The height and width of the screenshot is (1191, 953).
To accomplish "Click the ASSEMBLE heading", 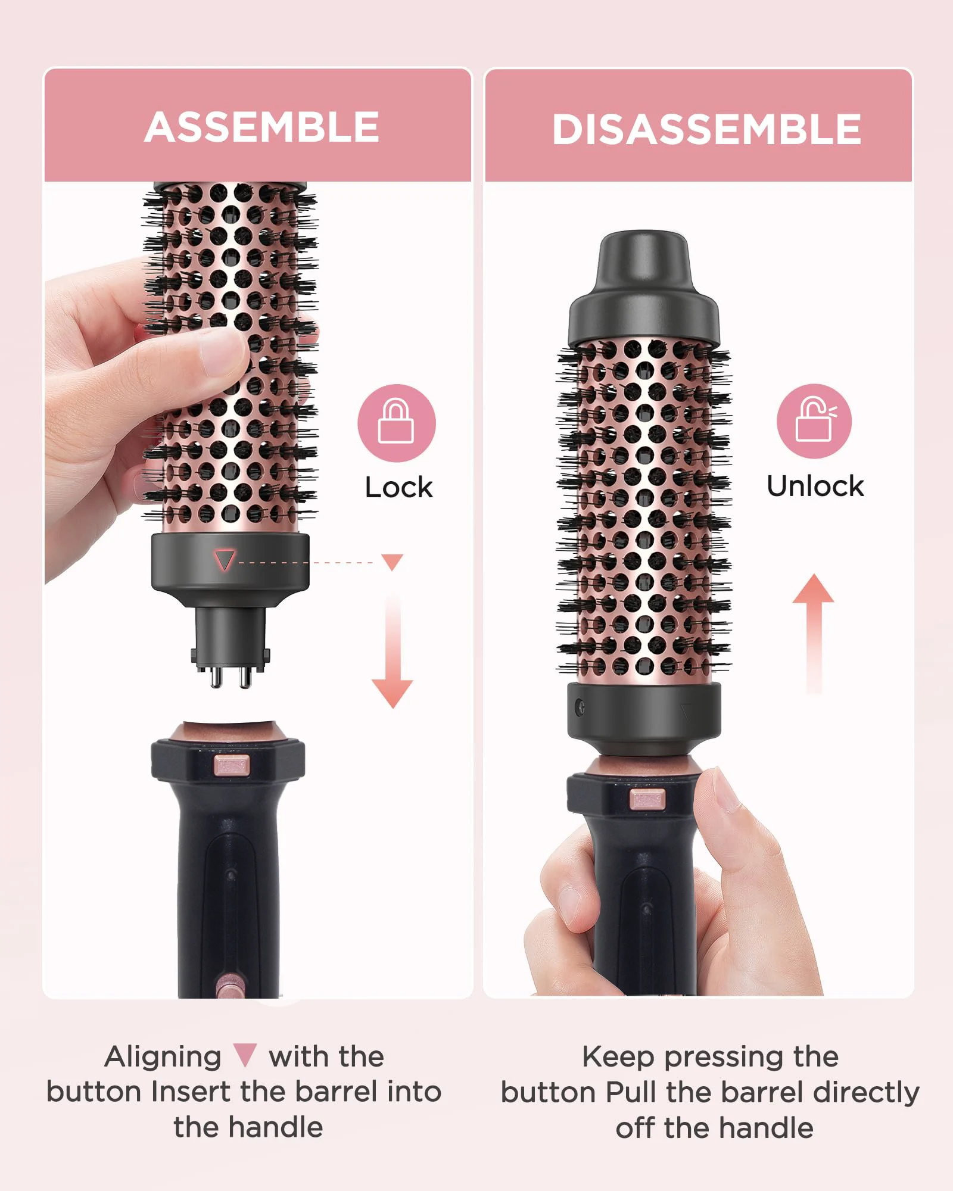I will click(261, 127).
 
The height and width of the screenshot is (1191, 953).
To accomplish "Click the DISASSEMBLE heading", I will click(706, 129).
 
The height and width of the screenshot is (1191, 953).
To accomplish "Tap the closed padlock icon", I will click(396, 423).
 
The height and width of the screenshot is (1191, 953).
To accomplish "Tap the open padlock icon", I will click(814, 421).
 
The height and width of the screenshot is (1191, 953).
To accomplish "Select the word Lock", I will click(398, 488).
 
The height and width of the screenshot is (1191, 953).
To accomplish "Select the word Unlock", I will click(815, 487).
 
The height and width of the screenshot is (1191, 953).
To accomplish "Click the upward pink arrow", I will click(813, 631).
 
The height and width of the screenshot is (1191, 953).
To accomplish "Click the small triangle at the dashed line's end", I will click(393, 562).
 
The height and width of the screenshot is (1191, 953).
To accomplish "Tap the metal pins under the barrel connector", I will click(230, 676).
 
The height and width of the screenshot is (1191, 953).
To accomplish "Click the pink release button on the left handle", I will click(231, 765).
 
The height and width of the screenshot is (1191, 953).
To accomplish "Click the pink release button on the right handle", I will click(647, 799).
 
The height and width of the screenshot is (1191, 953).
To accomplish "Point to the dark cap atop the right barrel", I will click(644, 289).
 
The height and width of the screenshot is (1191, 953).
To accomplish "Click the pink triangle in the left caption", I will click(245, 1055).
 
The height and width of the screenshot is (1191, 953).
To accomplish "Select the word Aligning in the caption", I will click(163, 1057).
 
